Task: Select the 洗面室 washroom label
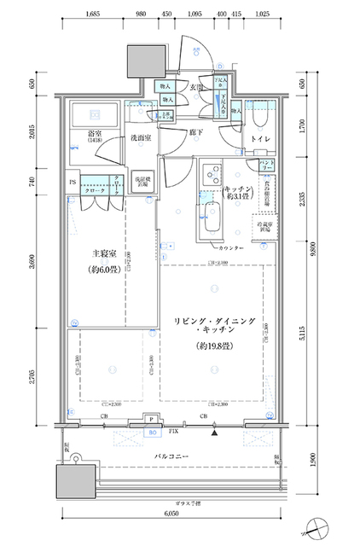point(142,137)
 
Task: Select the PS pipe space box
point(73,182)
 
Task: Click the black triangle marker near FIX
point(215,433)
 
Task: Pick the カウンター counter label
point(230,247)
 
